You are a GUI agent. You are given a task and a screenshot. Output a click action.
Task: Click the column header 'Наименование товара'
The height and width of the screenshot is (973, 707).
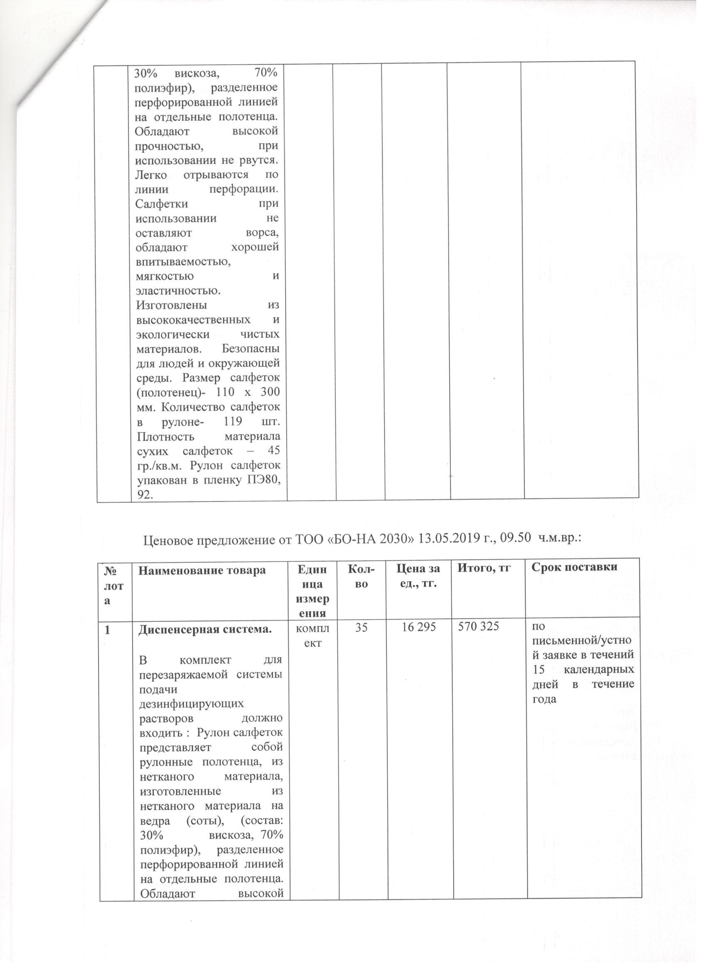click(x=201, y=570)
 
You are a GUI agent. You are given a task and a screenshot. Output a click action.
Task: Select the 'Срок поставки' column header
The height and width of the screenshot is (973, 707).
click(x=574, y=567)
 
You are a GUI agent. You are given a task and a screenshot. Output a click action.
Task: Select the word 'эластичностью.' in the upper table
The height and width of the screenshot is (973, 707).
click(x=178, y=290)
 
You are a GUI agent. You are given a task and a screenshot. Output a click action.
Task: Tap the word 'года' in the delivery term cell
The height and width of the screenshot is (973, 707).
click(x=544, y=697)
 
